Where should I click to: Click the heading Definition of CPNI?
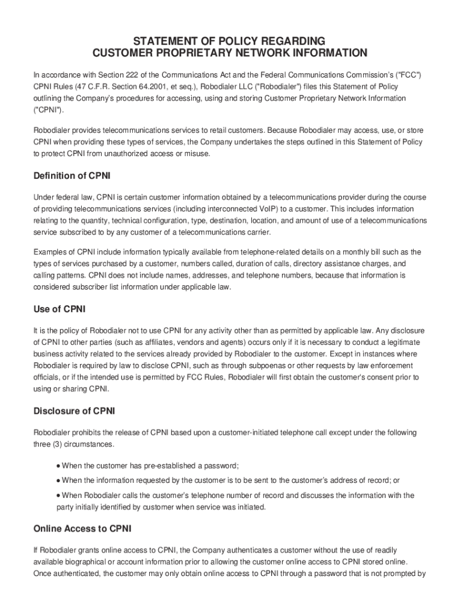point(72,176)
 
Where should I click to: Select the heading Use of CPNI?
point(60,309)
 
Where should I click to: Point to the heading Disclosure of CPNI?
point(74,411)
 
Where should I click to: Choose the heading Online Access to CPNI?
point(82,529)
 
